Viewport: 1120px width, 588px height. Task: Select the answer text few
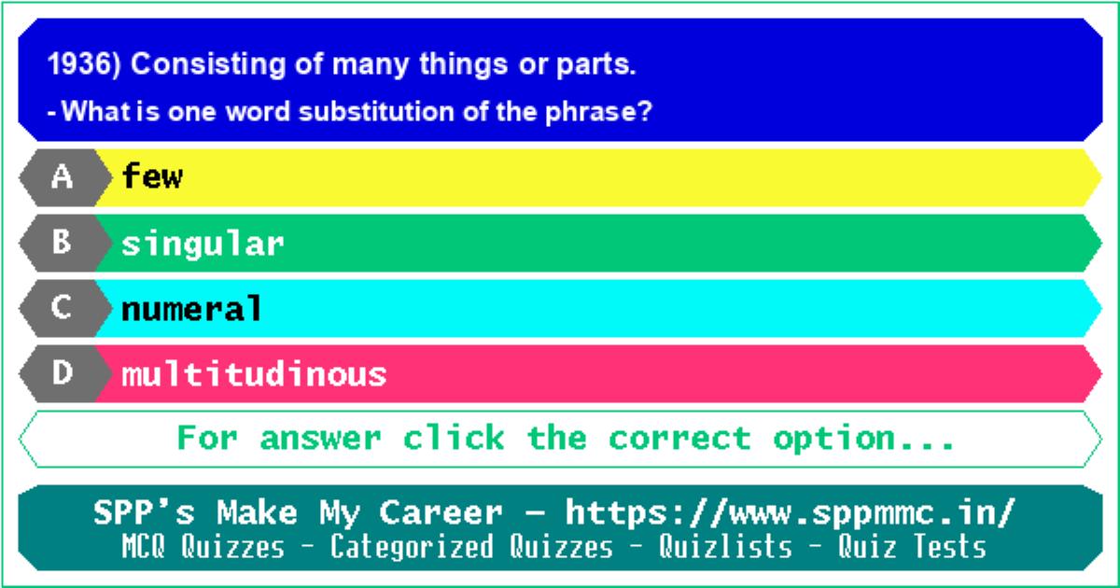pos(152,176)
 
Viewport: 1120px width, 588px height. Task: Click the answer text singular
pos(203,245)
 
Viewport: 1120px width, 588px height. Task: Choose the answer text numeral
pos(191,308)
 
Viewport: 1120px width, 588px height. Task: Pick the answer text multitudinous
pos(254,374)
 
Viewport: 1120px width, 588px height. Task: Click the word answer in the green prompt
pos(320,439)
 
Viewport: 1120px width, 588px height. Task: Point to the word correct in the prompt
pos(679,439)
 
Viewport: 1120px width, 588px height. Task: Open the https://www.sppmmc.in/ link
pos(790,513)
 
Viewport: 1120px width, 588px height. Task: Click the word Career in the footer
pos(441,513)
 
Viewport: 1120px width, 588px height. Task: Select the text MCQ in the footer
pos(143,546)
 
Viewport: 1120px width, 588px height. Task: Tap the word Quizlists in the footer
pos(725,546)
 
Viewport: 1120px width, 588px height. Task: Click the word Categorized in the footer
pos(412,547)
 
